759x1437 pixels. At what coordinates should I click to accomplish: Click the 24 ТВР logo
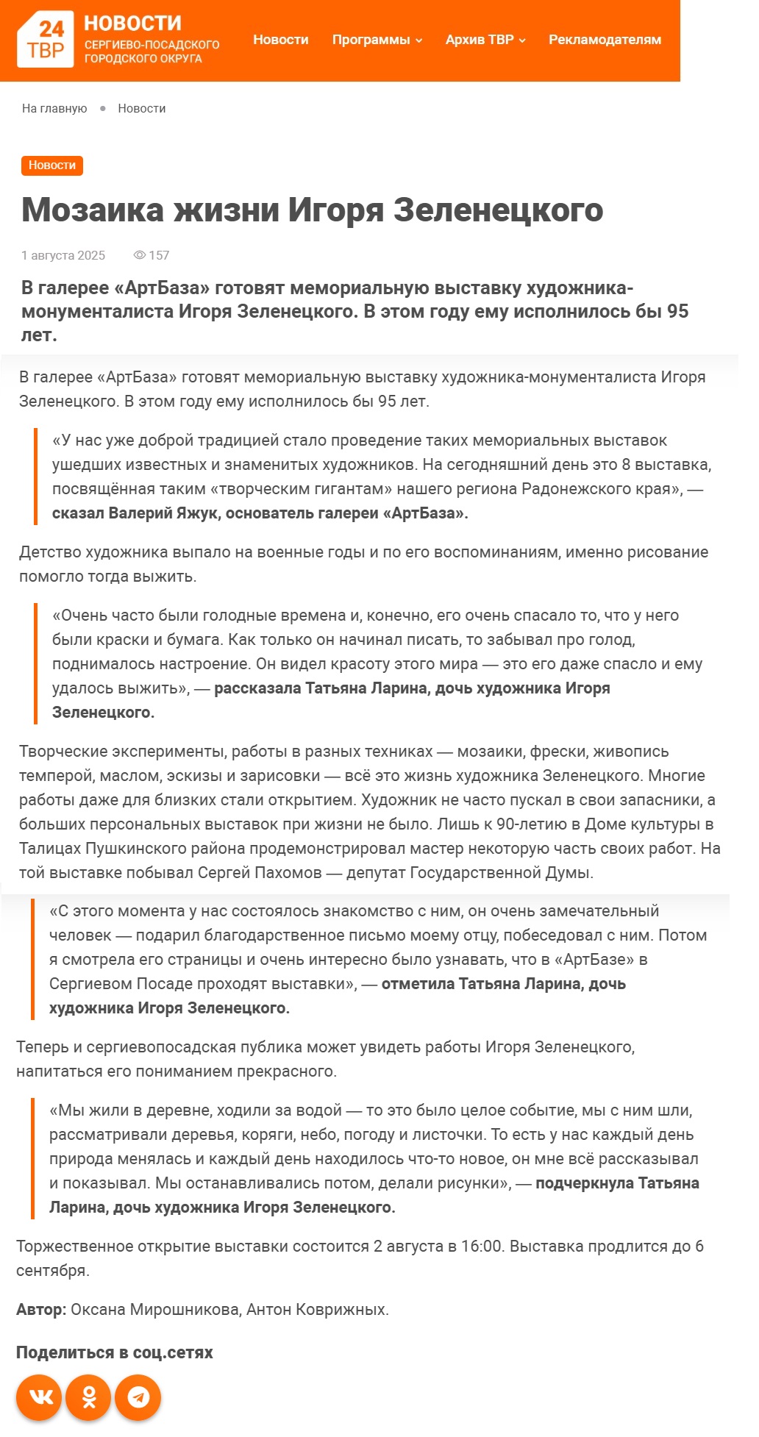point(45,40)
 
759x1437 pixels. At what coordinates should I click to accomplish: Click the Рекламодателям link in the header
point(605,40)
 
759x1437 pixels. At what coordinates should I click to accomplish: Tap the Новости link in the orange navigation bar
point(280,40)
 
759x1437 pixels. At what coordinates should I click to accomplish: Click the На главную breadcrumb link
point(54,109)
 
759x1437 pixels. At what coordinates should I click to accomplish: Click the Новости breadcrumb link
point(141,109)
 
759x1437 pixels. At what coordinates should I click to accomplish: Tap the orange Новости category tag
point(52,165)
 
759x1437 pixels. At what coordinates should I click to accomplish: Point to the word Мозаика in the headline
point(93,210)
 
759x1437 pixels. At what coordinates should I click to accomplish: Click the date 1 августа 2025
point(63,256)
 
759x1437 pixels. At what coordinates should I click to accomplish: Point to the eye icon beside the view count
point(139,256)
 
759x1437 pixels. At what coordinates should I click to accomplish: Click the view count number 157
point(159,256)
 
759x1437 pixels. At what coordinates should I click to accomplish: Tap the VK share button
point(40,1397)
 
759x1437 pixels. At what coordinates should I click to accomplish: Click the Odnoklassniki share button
point(89,1397)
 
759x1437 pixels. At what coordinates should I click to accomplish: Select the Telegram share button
point(138,1397)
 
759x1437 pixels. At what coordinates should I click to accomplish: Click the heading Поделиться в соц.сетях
point(114,1352)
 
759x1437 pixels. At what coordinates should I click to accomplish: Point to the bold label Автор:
point(41,1310)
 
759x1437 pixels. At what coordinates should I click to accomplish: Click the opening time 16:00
point(481,1247)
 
